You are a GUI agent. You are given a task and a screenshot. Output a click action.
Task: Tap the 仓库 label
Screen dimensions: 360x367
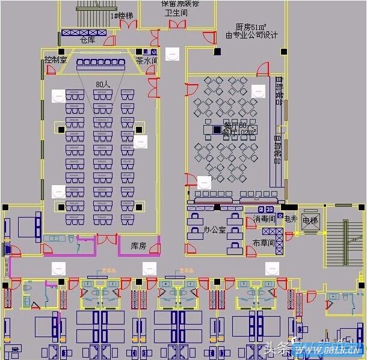87,40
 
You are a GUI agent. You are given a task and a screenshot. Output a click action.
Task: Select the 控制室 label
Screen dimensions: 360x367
55,60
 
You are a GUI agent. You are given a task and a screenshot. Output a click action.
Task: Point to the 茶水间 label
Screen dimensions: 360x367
147,61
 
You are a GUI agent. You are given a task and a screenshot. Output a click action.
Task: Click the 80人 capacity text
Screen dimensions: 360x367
103,85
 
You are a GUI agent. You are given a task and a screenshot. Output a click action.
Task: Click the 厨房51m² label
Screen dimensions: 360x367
251,27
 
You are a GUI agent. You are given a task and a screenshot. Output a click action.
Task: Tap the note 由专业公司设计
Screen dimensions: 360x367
251,35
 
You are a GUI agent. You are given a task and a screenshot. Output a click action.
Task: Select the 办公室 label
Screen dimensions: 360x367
215,230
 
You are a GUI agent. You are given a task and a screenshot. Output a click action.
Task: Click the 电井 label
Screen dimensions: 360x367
291,219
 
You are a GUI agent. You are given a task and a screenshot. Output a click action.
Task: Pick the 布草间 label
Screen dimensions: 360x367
263,243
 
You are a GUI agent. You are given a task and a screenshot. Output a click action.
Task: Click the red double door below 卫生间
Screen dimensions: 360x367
177,24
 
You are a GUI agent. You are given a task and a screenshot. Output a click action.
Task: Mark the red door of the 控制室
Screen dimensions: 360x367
51,70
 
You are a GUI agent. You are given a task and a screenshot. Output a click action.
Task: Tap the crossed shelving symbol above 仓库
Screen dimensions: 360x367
84,32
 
